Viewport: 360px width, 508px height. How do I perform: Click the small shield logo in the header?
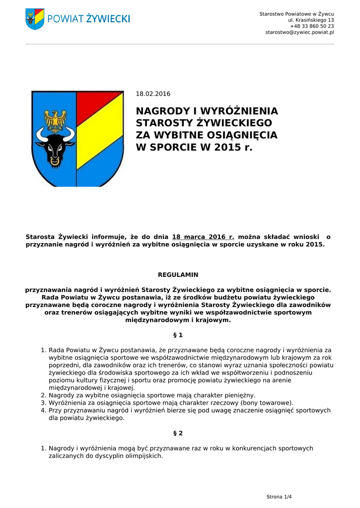pyautogui.click(x=35, y=19)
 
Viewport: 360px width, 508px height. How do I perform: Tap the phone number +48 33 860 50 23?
pyautogui.click(x=312, y=26)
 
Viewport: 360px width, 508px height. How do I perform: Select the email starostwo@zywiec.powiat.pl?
pyautogui.click(x=299, y=32)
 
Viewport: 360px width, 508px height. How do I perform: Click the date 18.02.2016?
pyautogui.click(x=153, y=94)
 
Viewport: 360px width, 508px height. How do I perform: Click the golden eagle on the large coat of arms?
pyautogui.click(x=55, y=120)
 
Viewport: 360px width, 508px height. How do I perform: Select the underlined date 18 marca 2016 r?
pyautogui.click(x=203, y=237)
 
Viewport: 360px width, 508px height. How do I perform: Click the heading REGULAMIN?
pyautogui.click(x=178, y=274)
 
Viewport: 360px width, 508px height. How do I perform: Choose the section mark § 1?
pyautogui.click(x=178, y=335)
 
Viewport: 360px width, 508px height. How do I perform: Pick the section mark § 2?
pyautogui.click(x=178, y=433)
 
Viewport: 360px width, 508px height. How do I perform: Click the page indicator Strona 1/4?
pyautogui.click(x=279, y=497)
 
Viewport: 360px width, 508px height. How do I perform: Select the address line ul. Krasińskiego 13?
pyautogui.click(x=311, y=20)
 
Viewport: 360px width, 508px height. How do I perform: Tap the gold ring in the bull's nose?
pyautogui.click(x=55, y=161)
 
